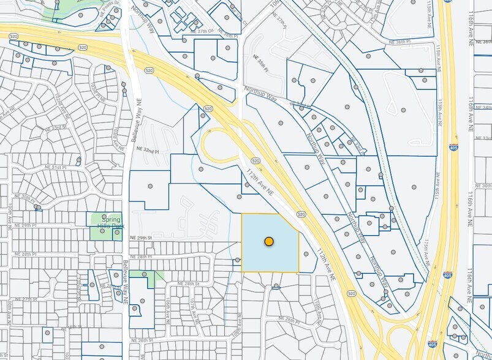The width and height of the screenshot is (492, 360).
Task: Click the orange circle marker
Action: [x=268, y=241]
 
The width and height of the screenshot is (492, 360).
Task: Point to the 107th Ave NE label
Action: [x=193, y=310]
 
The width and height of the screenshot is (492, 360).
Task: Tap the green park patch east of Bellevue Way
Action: [x=142, y=276]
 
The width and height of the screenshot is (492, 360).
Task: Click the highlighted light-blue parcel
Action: [x=270, y=257]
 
